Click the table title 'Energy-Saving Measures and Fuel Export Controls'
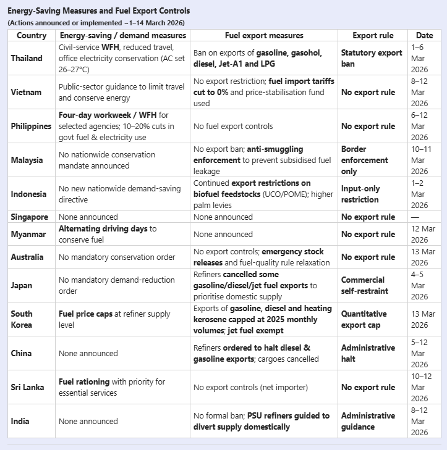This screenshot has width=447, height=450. [x=99, y=11]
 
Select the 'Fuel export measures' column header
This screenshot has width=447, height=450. [x=264, y=36]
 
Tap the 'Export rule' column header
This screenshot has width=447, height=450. [x=372, y=36]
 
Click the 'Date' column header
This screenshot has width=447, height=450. [x=424, y=36]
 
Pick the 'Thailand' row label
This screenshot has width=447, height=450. [x=27, y=59]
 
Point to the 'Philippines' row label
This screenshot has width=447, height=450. [x=31, y=127]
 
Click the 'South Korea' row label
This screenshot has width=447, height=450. [x=22, y=320]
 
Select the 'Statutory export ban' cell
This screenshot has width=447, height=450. [x=372, y=59]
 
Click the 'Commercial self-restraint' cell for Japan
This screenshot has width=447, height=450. [x=362, y=285]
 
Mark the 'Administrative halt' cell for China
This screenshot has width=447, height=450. [x=367, y=354]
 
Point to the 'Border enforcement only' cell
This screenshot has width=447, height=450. [x=364, y=160]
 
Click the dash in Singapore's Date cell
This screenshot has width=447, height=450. [x=414, y=217]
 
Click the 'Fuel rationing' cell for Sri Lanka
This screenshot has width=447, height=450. [x=111, y=388]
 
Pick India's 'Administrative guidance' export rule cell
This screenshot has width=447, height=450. [x=367, y=422]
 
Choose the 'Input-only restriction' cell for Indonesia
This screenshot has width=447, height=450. [x=360, y=194]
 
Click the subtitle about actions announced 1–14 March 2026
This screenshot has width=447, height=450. [x=96, y=23]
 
